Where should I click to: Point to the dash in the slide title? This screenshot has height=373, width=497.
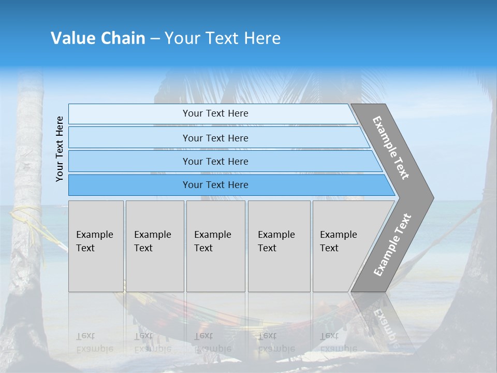tap(155, 39)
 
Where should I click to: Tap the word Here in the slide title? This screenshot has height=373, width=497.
tap(262, 38)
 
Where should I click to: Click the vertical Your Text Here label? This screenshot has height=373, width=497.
tap(60, 149)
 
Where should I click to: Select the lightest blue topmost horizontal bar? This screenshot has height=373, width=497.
tap(215, 113)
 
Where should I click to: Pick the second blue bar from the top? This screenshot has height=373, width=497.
tap(215, 138)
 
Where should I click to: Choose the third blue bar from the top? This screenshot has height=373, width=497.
tap(215, 161)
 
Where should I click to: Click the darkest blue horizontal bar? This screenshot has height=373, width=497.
tap(215, 185)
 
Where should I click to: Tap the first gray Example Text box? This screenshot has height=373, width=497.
tap(96, 246)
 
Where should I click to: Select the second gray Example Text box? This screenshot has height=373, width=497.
tap(155, 246)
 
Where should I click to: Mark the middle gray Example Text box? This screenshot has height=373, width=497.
tap(215, 246)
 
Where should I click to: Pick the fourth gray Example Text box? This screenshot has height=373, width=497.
tap(279, 246)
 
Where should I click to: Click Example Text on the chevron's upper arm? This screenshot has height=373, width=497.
tap(391, 147)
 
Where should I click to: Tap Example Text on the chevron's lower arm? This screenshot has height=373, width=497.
tap(392, 245)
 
